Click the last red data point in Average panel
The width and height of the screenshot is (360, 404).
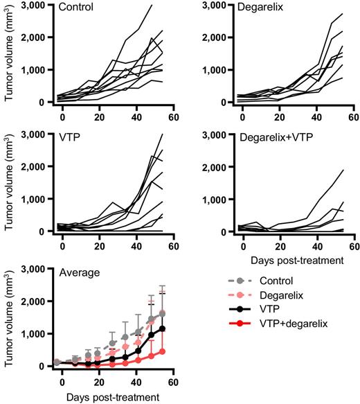coord(162,351)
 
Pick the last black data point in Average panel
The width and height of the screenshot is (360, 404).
coord(162,328)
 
